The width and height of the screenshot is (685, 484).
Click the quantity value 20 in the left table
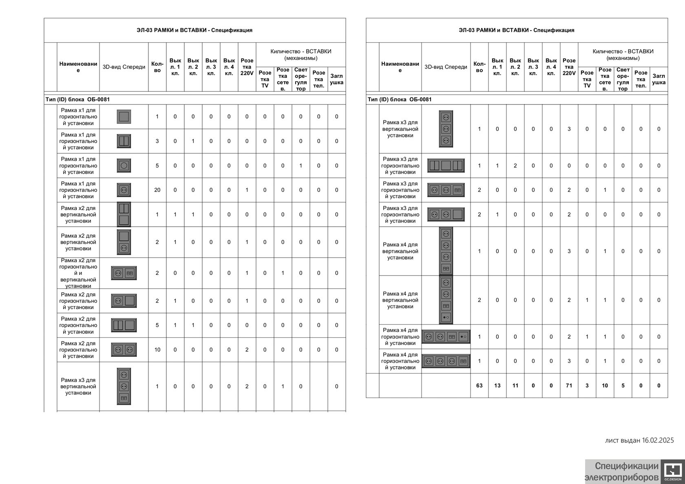pos(157,190)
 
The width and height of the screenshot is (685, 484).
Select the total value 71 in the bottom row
pos(569,385)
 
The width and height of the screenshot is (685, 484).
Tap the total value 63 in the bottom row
pos(479,385)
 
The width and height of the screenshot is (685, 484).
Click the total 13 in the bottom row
pos(497,385)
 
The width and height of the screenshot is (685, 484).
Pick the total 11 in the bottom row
pos(515,385)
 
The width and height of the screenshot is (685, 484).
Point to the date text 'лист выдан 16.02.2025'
pos(639,440)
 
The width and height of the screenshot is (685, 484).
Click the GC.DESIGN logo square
pos(671,472)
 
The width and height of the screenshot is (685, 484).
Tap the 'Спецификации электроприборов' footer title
pos(622,472)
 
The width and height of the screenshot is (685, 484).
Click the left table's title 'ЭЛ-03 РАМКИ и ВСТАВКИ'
pos(194,30)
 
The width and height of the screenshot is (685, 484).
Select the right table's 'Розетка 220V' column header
pos(569,67)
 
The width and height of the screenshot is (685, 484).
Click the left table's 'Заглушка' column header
pos(336,79)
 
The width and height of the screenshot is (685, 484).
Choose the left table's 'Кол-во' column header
pos(157,67)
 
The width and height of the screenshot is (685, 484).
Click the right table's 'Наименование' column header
pos(400,67)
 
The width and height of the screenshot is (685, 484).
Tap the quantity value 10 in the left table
pos(157,350)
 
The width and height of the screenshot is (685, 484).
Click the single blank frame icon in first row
pos(124,117)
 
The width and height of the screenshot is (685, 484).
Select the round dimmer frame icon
pos(124,166)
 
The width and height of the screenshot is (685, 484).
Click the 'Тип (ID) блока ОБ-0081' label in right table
pos(400,99)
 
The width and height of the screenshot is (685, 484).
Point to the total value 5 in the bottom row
pos(623,385)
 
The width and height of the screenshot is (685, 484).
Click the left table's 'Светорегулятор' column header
pos(301,79)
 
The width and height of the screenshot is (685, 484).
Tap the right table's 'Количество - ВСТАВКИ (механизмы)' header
pos(623,55)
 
